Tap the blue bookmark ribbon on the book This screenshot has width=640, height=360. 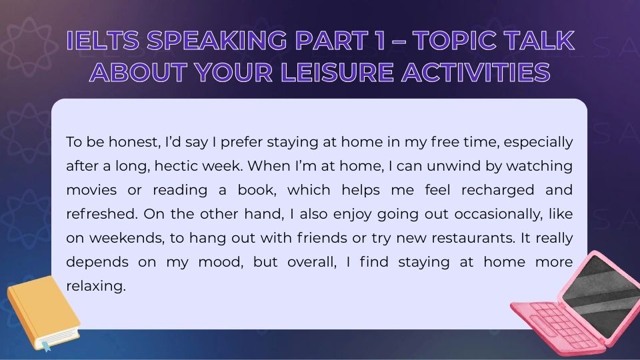pyautogui.click(x=46, y=346)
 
